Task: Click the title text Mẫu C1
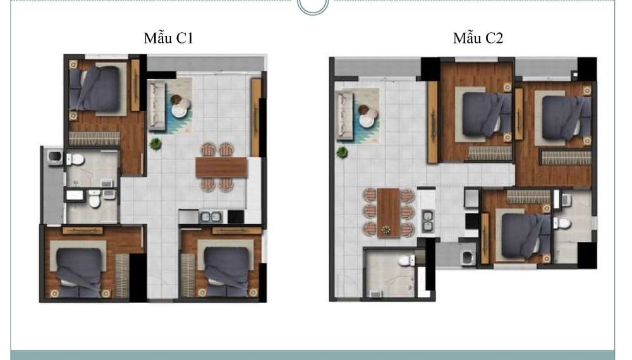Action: pos(169,39)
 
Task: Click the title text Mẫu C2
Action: pos(478,39)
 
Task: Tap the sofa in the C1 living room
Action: pos(157,106)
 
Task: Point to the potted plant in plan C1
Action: pos(155,143)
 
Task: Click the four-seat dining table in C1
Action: pos(221,167)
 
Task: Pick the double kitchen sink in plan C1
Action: pos(211,217)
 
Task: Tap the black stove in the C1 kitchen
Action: pos(236,217)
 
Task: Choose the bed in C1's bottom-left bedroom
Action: pos(78,272)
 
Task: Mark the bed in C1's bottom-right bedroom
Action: pos(226,272)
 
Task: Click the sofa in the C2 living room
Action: pos(344,116)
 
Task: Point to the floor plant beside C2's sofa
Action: pos(342,152)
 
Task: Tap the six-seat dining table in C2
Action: pos(389,212)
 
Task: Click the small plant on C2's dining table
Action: pos(386,231)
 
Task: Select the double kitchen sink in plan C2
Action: pos(428,221)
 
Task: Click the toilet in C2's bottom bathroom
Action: pos(406,261)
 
